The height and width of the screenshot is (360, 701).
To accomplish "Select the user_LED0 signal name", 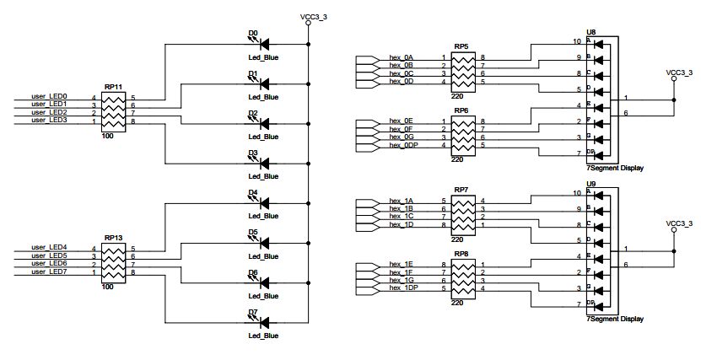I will click(x=48, y=98).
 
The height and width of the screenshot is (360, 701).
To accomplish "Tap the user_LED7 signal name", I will click(x=48, y=271).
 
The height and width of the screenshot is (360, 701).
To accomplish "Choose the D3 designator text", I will click(x=252, y=153).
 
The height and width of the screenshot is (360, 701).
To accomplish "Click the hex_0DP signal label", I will click(x=405, y=145).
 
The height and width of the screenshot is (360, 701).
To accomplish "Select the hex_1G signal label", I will click(x=401, y=281).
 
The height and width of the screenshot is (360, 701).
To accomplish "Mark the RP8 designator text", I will click(x=461, y=254).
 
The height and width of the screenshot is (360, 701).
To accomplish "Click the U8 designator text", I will click(x=590, y=31).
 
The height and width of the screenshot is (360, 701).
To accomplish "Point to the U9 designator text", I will click(x=590, y=184).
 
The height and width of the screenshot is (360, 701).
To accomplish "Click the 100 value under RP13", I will click(x=108, y=287).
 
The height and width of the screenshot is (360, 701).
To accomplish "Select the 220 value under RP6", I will click(x=457, y=159).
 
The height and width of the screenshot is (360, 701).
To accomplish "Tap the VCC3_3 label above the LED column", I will click(x=313, y=15).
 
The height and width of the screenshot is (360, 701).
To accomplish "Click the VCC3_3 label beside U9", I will click(x=678, y=223).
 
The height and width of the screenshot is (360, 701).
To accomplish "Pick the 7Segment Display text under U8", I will click(x=615, y=168).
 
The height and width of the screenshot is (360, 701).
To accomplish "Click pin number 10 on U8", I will click(x=577, y=41).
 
